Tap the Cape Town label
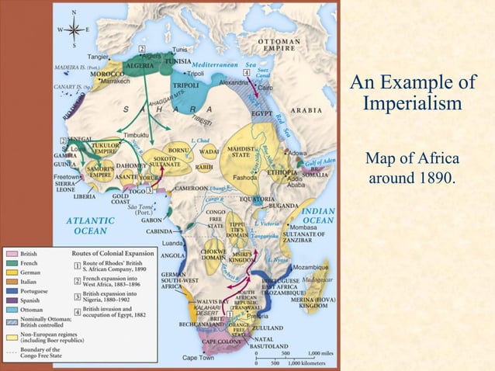[x=199, y=358]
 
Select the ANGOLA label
[x=171, y=255]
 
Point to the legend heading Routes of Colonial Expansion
[x=112, y=254]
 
